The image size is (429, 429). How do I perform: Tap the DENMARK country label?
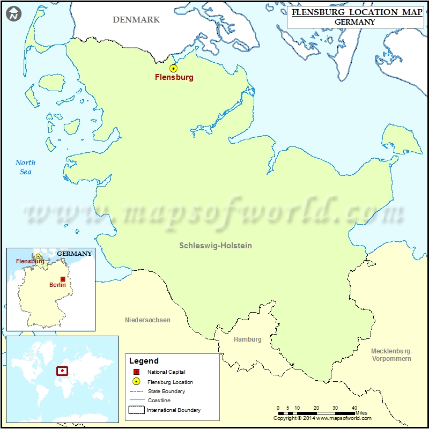click(x=136, y=20)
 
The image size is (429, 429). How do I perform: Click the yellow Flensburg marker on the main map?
click(x=173, y=68)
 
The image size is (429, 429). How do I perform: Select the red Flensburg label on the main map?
click(x=174, y=77)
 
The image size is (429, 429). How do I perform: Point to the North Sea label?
click(x=25, y=167)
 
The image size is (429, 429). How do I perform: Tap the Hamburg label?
click(x=248, y=339)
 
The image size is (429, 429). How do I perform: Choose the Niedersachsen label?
click(x=147, y=320)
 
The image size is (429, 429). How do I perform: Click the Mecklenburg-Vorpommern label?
click(x=391, y=354)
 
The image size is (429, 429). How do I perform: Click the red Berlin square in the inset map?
click(x=63, y=279)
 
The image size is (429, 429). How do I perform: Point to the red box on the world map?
click(x=63, y=371)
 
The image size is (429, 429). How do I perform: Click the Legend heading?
click(x=144, y=361)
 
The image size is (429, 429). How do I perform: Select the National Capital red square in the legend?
click(x=136, y=372)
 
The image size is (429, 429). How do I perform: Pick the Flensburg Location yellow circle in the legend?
click(x=136, y=382)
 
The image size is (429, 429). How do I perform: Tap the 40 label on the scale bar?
click(x=354, y=408)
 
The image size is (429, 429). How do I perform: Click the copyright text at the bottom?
click(x=322, y=418)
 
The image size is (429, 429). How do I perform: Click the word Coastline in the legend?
click(x=159, y=401)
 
